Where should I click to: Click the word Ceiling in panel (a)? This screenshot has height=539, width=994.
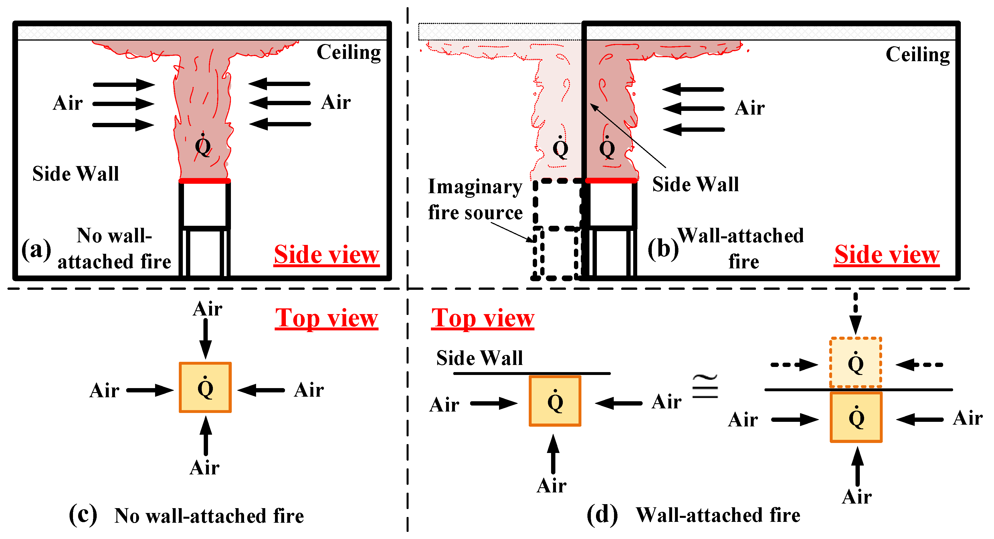pyautogui.click(x=349, y=52)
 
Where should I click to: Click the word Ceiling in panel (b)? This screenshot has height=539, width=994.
pyautogui.click(x=917, y=55)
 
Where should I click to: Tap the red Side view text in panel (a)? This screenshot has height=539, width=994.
pyautogui.click(x=326, y=255)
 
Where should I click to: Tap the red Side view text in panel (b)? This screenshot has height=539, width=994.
pyautogui.click(x=886, y=255)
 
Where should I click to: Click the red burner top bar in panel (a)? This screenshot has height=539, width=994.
pyautogui.click(x=205, y=181)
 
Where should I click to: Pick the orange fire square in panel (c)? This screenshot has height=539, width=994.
pyautogui.click(x=205, y=388)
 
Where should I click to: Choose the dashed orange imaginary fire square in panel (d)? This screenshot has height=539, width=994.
pyautogui.click(x=856, y=362)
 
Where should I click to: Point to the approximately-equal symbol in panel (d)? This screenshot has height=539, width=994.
pyautogui.click(x=705, y=387)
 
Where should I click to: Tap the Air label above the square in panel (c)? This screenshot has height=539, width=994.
pyautogui.click(x=208, y=309)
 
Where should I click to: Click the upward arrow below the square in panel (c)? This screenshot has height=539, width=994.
pyautogui.click(x=206, y=436)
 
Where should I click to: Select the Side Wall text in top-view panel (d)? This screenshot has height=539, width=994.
pyautogui.click(x=480, y=358)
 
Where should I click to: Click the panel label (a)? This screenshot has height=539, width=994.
pyautogui.click(x=36, y=249)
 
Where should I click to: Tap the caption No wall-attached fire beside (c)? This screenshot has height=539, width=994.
pyautogui.click(x=209, y=516)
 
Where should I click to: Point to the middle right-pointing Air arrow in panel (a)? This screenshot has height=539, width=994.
pyautogui.click(x=124, y=104)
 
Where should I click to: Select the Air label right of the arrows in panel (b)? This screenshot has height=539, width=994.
pyautogui.click(x=749, y=108)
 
